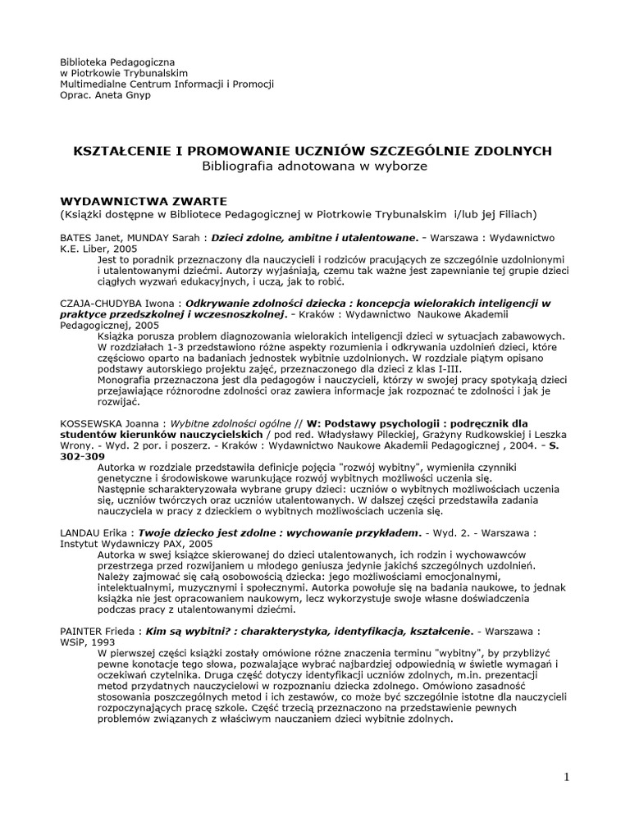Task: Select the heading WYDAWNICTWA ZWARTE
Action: (x=144, y=201)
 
